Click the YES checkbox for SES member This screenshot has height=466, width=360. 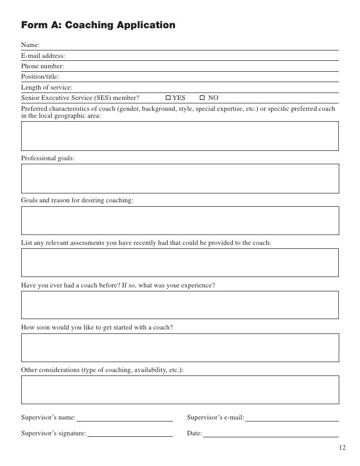tap(168, 98)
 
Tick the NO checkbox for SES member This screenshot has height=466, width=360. tap(202, 98)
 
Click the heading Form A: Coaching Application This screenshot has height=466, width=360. tap(98, 25)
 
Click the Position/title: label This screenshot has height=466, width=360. tap(40, 77)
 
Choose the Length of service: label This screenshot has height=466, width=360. tap(46, 88)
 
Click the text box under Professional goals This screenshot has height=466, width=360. tap(180, 178)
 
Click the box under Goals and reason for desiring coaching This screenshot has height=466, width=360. tap(180, 221)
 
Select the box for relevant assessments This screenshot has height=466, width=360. tap(180, 263)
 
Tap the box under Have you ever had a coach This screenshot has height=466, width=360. tap(180, 305)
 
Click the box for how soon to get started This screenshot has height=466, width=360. tap(180, 347)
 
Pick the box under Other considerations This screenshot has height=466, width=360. tap(180, 389)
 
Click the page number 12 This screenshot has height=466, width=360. tap(343, 448)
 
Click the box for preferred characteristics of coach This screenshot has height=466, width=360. tap(180, 136)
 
